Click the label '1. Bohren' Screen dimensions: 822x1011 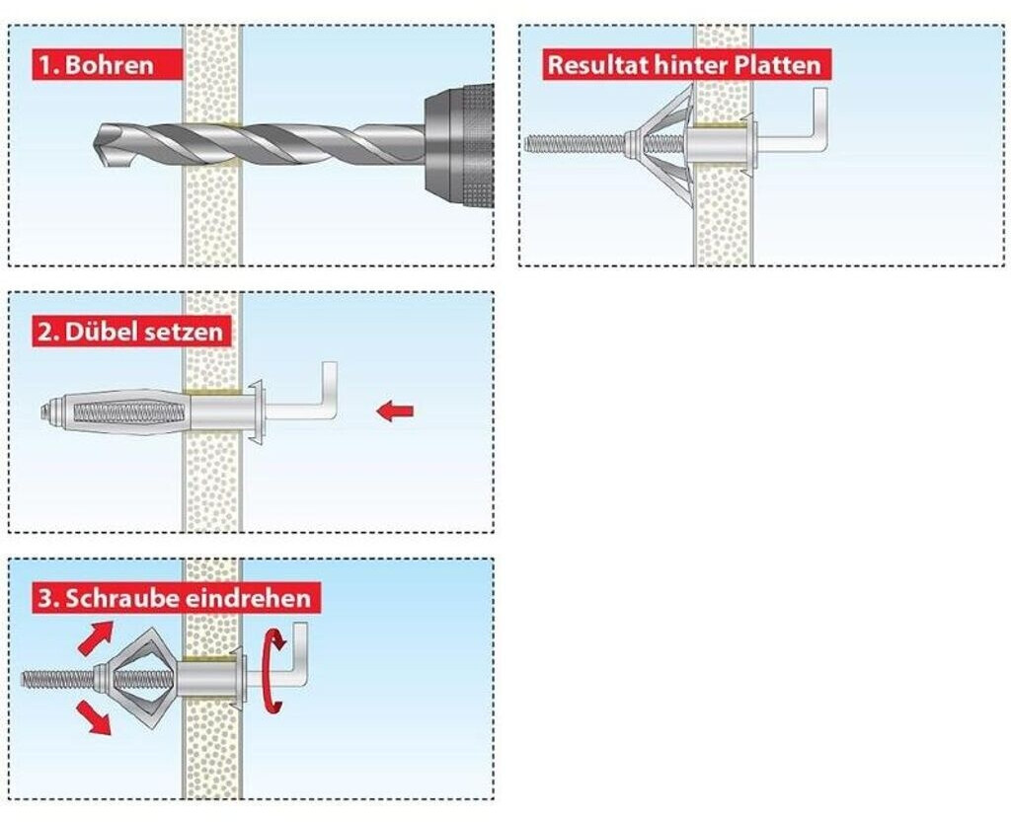(x=97, y=65)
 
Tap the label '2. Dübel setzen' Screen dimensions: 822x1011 (x=129, y=332)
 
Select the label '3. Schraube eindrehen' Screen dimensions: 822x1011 (x=174, y=598)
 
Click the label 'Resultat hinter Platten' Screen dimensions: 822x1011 (x=684, y=66)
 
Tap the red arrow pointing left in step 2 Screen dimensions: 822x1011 (x=395, y=411)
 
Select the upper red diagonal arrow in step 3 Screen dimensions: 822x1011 (x=95, y=638)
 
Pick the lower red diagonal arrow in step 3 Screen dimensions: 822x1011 (x=95, y=718)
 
